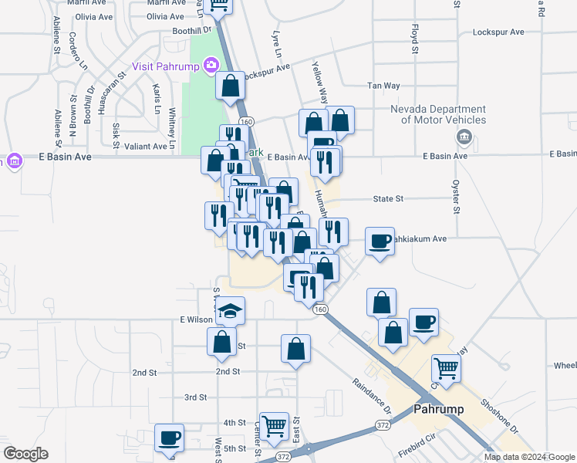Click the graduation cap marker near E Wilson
(x=230, y=311)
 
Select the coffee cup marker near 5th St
(x=169, y=438)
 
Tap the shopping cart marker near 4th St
(x=274, y=425)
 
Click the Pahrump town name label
(x=439, y=409)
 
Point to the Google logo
(x=25, y=454)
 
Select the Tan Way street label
(x=382, y=86)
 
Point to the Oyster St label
(x=456, y=198)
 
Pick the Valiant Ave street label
(x=146, y=145)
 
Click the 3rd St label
(x=195, y=397)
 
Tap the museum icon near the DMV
(x=464, y=138)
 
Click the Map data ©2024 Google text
(x=530, y=457)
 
